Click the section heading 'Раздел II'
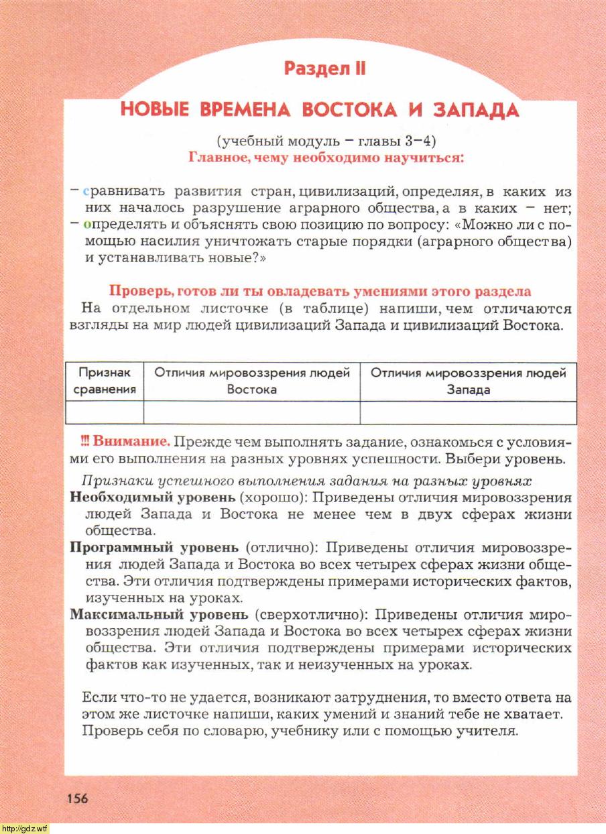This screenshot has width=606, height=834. pos(324,68)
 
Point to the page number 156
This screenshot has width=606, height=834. pos(77,798)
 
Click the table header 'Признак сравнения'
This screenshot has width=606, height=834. pos(105,381)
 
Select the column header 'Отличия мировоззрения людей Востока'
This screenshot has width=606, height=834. pos(252,381)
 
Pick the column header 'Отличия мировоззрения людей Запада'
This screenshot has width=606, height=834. pos(469,381)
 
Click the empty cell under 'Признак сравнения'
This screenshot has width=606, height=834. pos(105,412)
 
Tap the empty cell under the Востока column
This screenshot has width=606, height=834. pos(252,412)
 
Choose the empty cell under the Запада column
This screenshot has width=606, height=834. pos(469,412)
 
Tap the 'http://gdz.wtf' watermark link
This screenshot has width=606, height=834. pos(25,829)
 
